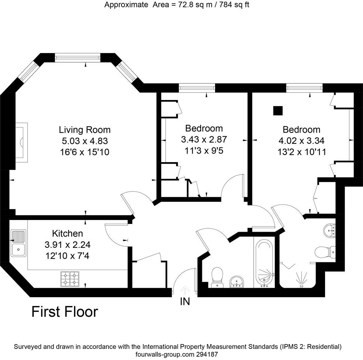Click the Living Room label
(x=85, y=130)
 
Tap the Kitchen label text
(x=67, y=233)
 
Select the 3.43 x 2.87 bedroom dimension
(x=204, y=139)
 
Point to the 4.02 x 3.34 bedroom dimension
(x=301, y=141)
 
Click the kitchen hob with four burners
(x=70, y=279)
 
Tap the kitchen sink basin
(x=18, y=250)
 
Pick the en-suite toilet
(x=325, y=252)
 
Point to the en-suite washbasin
(x=329, y=231)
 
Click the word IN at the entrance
(x=185, y=302)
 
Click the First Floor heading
(x=65, y=312)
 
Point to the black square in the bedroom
(x=278, y=110)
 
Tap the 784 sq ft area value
(x=234, y=4)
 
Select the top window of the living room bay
(x=78, y=57)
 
